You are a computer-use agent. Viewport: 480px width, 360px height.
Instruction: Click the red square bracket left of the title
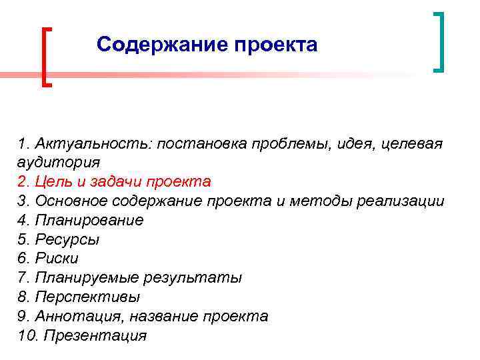pyautogui.click(x=45, y=57)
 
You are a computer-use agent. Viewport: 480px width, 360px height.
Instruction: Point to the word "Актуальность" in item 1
pyautogui.click(x=93, y=143)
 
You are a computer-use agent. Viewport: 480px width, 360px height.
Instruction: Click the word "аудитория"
pyautogui.click(x=59, y=162)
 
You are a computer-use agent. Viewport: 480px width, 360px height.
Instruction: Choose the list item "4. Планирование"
pyautogui.click(x=81, y=220)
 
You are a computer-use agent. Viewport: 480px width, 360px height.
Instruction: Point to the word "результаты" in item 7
pyautogui.click(x=203, y=277)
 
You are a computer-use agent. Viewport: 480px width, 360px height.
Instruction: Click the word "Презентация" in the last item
pyautogui.click(x=94, y=335)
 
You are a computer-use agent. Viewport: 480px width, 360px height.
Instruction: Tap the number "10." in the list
pyautogui.click(x=29, y=335)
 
